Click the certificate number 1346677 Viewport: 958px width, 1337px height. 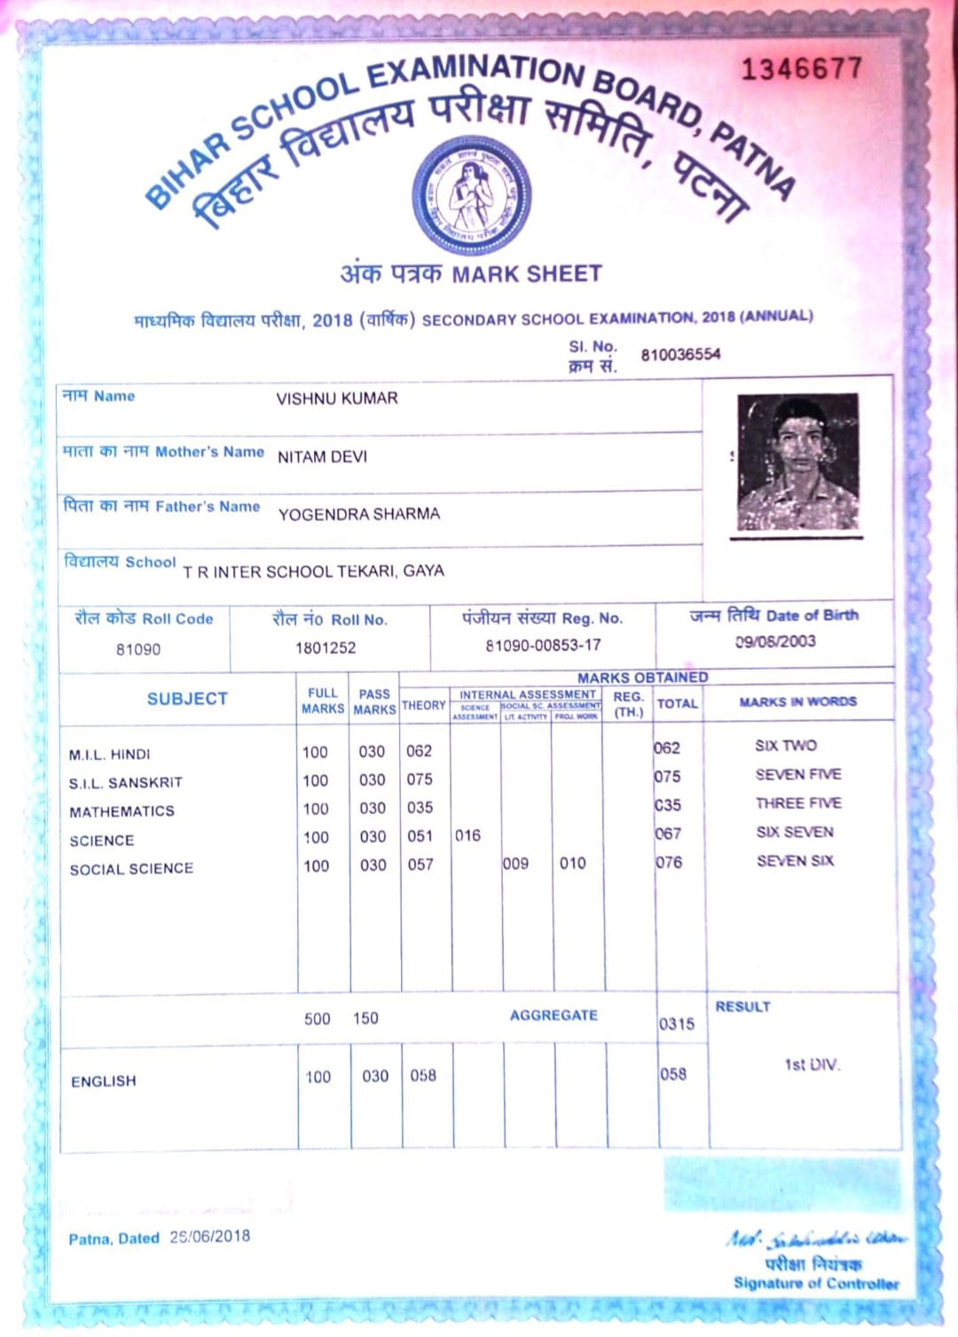tap(801, 69)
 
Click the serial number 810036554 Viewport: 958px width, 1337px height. tap(680, 355)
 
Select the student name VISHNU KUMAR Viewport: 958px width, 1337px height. tap(337, 399)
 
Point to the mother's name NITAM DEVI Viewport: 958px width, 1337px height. tap(322, 456)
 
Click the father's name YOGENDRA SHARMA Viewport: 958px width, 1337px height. tap(358, 514)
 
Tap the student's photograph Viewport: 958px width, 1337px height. tap(797, 463)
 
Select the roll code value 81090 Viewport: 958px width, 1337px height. tap(138, 649)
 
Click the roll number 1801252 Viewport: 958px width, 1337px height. tap(326, 648)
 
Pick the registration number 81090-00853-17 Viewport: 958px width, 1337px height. tap(543, 645)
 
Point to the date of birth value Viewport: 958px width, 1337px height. tap(775, 641)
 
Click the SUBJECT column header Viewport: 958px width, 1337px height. tap(187, 699)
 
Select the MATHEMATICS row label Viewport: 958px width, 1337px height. tap(122, 811)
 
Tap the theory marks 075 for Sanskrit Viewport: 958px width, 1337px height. tap(420, 779)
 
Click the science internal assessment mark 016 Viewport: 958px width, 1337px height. tap(467, 835)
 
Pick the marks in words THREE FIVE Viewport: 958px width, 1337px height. tap(798, 803)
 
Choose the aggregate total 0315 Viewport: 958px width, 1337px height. tap(677, 1024)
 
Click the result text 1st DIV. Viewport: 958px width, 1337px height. tap(812, 1064)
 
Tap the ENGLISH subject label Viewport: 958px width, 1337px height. tap(104, 1081)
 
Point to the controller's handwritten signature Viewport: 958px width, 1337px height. tap(815, 1238)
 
